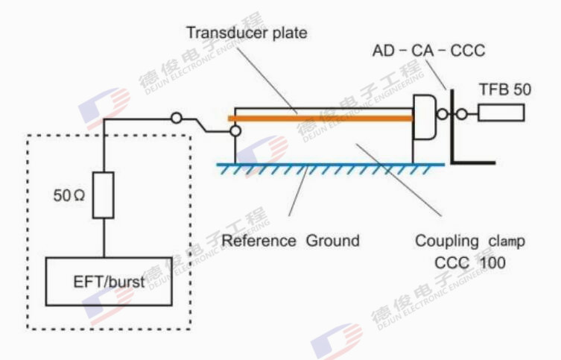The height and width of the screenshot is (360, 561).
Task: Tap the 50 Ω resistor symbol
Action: pyautogui.click(x=104, y=196)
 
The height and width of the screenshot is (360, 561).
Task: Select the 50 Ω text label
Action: pyautogui.click(x=69, y=196)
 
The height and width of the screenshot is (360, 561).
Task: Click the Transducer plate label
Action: pyautogui.click(x=246, y=33)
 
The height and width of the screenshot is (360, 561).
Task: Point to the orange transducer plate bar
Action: pyautogui.click(x=320, y=118)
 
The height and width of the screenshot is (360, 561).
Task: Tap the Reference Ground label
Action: pyautogui.click(x=291, y=241)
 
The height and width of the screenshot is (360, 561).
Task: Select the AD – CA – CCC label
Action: pyautogui.click(x=428, y=51)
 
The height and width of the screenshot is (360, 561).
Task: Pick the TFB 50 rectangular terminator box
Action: pyautogui.click(x=501, y=113)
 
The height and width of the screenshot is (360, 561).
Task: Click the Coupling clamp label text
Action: pyautogui.click(x=469, y=241)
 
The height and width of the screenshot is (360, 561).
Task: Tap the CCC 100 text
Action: pyautogui.click(x=470, y=263)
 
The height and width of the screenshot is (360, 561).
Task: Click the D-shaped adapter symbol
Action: pyautogui.click(x=424, y=117)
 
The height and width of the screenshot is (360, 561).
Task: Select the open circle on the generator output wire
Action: pyautogui.click(x=177, y=118)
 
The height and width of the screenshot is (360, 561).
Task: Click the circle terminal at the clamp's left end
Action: pyautogui.click(x=235, y=131)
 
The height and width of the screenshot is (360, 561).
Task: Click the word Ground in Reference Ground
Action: pyautogui.click(x=333, y=241)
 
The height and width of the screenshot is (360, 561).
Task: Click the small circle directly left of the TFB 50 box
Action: pyautogui.click(x=461, y=114)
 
